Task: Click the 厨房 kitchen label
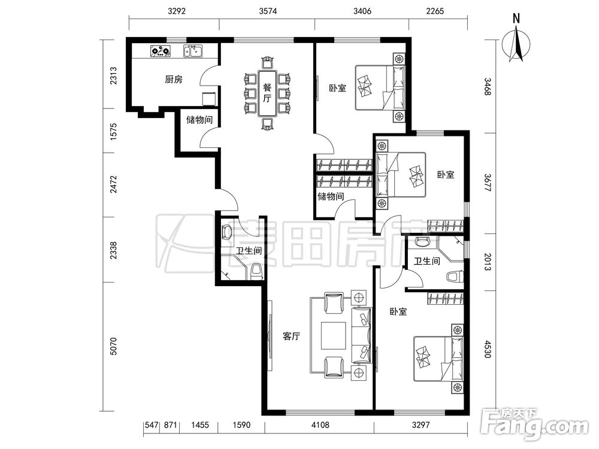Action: click(174, 80)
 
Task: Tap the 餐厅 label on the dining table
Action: click(267, 93)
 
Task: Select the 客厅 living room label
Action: click(291, 336)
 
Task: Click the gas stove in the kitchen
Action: click(161, 51)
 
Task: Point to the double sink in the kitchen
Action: click(193, 51)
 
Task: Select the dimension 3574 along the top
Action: click(268, 11)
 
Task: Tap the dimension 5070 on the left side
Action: click(113, 346)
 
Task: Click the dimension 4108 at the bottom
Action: click(320, 424)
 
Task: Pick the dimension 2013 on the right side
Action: click(487, 262)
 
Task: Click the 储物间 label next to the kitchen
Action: click(199, 120)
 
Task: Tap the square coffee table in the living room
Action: click(334, 336)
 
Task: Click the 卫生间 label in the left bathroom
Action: click(249, 251)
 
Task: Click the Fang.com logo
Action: click(534, 424)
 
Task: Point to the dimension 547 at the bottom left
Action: click(152, 424)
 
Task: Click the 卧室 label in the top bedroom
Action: click(338, 88)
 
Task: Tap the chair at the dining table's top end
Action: click(267, 63)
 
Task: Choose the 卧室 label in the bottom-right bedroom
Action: click(398, 311)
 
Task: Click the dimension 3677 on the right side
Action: click(487, 183)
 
